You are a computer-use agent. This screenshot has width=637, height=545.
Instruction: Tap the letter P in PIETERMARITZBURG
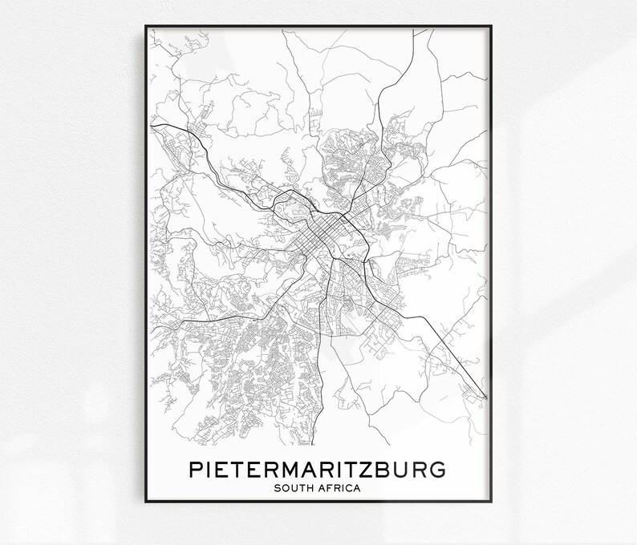(x=195, y=468)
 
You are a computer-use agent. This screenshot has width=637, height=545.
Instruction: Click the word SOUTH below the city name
(x=293, y=487)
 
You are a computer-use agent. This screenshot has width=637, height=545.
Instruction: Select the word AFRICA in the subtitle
(x=340, y=487)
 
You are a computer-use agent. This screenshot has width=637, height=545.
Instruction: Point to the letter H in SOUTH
(x=310, y=487)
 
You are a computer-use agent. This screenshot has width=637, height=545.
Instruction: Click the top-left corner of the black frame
(x=146, y=26)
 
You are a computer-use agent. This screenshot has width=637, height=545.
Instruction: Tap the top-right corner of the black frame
(x=491, y=26)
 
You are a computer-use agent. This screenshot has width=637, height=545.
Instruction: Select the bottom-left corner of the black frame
(x=146, y=502)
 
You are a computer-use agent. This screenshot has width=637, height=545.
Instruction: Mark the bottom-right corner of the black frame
(x=491, y=502)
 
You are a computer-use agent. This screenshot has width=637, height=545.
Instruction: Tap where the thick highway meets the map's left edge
(x=151, y=123)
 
